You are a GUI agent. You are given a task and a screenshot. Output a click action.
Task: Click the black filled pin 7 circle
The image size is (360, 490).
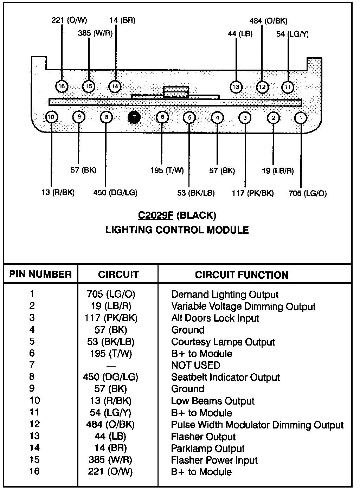(x=134, y=117)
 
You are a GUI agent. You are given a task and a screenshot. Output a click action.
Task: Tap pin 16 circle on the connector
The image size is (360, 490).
(x=62, y=86)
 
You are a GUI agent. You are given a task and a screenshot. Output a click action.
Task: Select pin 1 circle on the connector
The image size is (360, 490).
(x=301, y=117)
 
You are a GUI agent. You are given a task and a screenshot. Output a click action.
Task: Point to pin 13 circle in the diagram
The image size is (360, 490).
(x=236, y=87)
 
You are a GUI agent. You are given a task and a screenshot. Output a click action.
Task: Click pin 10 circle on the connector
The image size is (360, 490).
(x=51, y=117)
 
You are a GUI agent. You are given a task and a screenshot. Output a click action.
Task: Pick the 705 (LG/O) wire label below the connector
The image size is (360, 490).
(x=307, y=193)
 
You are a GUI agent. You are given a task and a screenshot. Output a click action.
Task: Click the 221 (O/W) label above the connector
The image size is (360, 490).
(x=69, y=20)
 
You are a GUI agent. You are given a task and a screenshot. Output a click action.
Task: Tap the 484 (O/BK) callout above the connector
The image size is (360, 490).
(x=268, y=21)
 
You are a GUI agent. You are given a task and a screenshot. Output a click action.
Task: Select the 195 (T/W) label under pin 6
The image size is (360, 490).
(x=167, y=170)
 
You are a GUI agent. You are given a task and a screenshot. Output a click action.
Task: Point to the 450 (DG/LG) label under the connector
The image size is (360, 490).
(x=115, y=192)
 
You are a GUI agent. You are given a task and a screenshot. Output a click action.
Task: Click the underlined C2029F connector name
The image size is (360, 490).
(x=156, y=215)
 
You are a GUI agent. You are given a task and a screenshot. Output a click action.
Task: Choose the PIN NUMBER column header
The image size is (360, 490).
(x=40, y=274)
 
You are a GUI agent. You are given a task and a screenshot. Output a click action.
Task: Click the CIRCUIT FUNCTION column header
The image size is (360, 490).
(x=242, y=275)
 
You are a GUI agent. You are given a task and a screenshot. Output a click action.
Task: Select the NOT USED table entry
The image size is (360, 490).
(x=195, y=365)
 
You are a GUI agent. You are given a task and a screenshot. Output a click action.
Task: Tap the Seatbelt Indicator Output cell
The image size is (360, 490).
(x=225, y=377)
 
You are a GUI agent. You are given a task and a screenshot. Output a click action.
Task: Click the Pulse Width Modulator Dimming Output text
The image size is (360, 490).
(x=257, y=425)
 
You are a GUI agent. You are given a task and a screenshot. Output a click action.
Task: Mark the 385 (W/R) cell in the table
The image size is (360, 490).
(x=110, y=460)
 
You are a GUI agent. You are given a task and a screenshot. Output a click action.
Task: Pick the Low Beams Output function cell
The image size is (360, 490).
(x=213, y=401)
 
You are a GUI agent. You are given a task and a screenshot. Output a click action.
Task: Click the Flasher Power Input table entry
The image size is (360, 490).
(x=214, y=460)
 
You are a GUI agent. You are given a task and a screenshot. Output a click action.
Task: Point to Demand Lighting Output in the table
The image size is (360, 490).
(x=225, y=294)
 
